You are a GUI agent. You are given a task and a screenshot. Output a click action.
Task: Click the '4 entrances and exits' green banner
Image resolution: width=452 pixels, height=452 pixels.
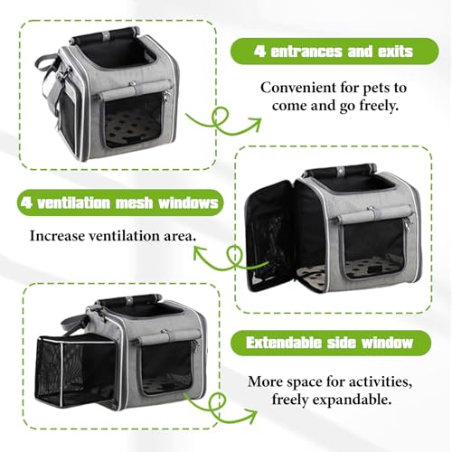[334, 52]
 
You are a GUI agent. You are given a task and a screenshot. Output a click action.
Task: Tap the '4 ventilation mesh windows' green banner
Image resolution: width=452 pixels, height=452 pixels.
[120, 202]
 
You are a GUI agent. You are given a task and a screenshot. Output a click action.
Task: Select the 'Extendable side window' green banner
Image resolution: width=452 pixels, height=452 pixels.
[331, 343]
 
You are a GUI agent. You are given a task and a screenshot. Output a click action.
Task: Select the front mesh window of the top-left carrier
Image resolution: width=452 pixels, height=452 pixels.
[135, 120]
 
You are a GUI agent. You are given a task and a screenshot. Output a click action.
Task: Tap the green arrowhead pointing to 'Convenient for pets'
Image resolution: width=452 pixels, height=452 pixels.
[255, 124]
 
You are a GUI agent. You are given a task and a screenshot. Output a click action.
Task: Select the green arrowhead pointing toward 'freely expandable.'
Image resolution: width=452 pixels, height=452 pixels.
[250, 414]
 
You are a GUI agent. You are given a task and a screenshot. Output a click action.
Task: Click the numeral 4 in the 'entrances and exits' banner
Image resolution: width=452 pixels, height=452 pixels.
[259, 52]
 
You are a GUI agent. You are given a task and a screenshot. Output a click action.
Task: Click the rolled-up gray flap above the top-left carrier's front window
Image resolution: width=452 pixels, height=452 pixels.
[133, 92]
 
